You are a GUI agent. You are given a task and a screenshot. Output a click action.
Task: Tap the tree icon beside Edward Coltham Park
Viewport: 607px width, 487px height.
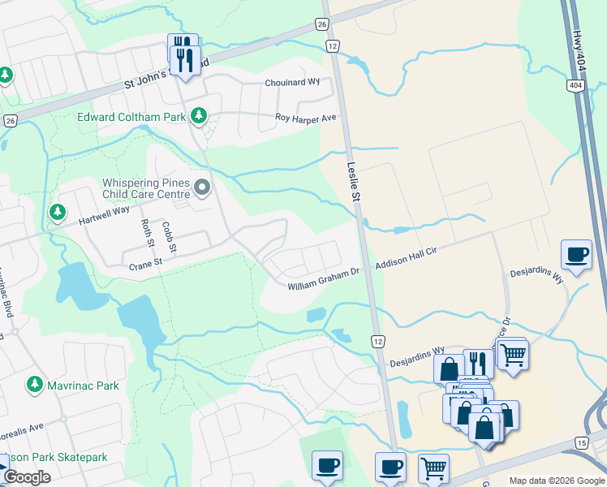[x=198, y=117]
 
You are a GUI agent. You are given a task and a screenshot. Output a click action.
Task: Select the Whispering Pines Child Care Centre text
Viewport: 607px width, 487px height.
[x=147, y=189]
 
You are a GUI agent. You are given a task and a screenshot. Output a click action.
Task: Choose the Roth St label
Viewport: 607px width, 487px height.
[x=148, y=234]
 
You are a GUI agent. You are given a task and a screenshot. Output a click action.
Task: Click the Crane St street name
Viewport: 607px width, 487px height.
[x=146, y=263]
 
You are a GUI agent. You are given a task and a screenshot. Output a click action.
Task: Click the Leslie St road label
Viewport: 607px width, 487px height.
[x=354, y=179]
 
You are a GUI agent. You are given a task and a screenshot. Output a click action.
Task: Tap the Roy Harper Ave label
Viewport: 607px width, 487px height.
[x=305, y=119]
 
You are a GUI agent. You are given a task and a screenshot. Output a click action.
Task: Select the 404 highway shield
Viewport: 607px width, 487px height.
[x=575, y=85]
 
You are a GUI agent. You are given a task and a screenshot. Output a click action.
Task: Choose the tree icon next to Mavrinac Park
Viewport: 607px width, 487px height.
[x=35, y=384]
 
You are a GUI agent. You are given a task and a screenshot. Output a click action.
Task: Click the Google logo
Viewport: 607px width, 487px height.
[x=27, y=477]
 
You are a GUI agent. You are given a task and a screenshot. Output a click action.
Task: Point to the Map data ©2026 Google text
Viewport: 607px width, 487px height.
[x=556, y=481]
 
